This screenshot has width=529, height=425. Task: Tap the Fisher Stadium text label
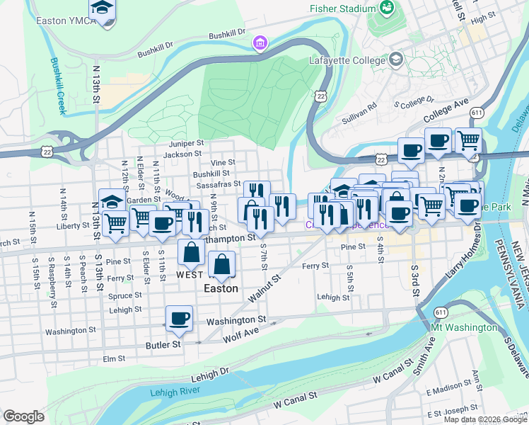point(342,8)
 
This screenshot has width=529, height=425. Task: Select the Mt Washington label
point(464,327)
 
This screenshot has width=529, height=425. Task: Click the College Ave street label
point(446,109)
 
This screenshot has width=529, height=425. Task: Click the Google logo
point(23,416)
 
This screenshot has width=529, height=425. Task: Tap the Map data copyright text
point(485,419)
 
